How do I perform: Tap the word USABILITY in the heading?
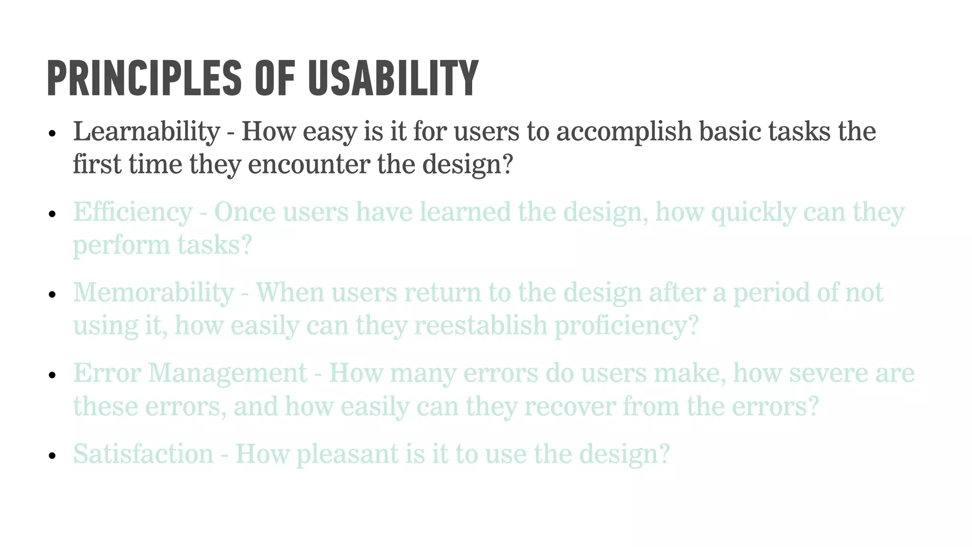point(393,78)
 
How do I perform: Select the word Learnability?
point(146,132)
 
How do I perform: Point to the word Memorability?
point(153,293)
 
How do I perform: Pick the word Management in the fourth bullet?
point(228,373)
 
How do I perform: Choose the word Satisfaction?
point(143,454)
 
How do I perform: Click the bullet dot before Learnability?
point(52,133)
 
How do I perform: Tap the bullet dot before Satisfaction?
point(52,456)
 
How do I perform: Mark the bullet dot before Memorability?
point(52,295)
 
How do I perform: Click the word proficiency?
point(626,326)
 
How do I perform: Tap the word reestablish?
point(481,326)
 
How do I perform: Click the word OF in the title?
point(275,78)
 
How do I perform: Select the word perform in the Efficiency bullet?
point(121,245)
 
